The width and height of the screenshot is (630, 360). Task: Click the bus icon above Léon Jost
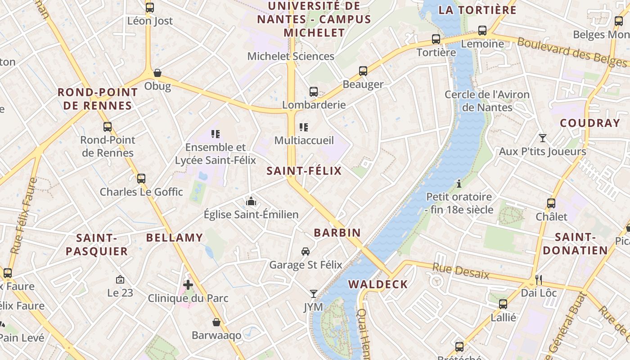tap(150, 8)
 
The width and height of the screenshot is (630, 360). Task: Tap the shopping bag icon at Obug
tap(157, 73)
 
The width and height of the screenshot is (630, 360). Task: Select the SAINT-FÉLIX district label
tap(304, 171)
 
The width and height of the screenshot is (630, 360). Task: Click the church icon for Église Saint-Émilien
tap(251, 201)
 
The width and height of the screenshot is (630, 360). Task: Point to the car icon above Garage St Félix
tap(306, 251)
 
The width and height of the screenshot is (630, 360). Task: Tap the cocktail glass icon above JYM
tap(314, 294)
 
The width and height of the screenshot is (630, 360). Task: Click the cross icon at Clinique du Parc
tap(188, 284)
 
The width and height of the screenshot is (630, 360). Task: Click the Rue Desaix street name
tap(461, 271)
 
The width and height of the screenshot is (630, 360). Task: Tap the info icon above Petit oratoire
tap(459, 184)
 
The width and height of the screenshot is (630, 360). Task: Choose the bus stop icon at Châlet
tap(551, 203)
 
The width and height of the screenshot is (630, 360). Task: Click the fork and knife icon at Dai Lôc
tap(539, 279)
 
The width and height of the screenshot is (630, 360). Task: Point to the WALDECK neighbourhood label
tap(378, 284)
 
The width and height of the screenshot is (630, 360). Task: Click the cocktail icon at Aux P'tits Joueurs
tap(543, 138)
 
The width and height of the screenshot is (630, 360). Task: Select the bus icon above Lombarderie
tap(314, 92)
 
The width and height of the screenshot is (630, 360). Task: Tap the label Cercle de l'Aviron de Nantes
tap(487, 101)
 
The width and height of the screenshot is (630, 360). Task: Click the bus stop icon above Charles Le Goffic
tap(141, 179)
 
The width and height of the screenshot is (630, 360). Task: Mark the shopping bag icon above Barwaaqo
tap(216, 322)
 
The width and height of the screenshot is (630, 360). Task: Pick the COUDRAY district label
tap(590, 123)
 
